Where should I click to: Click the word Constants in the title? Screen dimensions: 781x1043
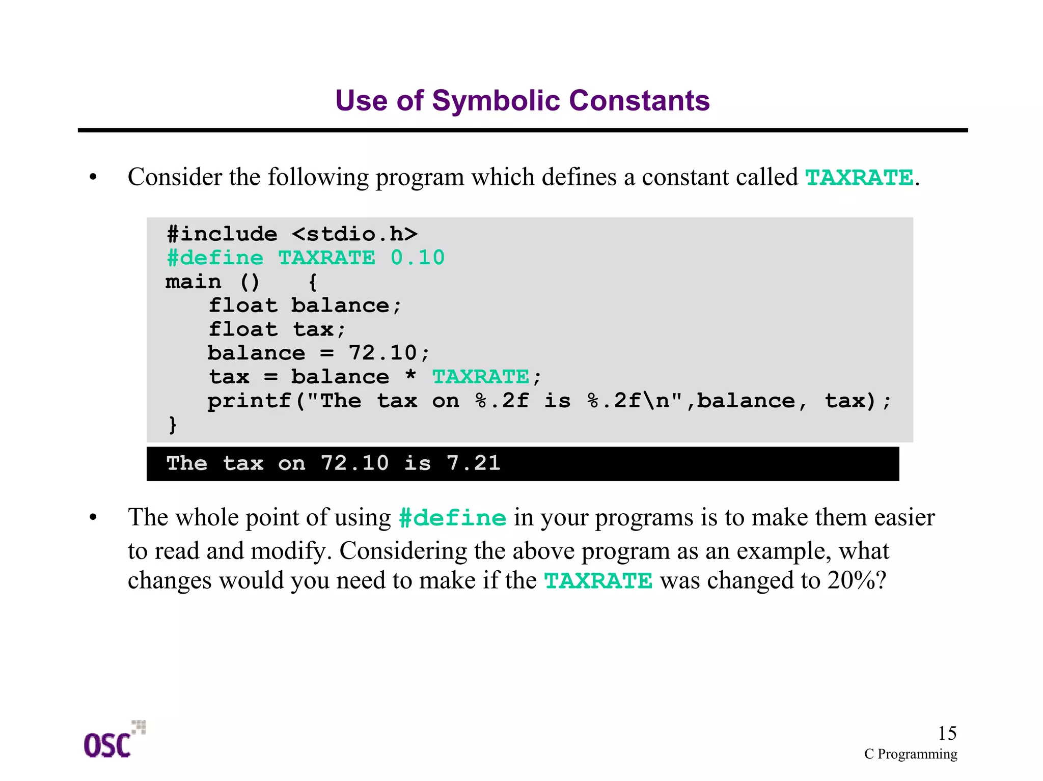pos(639,101)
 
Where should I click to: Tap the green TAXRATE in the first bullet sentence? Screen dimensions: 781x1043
pos(859,178)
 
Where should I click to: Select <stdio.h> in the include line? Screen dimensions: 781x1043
pos(354,234)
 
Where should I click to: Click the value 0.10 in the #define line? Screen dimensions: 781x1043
pos(418,258)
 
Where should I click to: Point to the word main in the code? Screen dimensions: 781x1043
pos(194,282)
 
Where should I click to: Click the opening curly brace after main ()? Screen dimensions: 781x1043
pos(313,282)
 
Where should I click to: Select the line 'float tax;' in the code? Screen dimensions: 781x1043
pos(278,329)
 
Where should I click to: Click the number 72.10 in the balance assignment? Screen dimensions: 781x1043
pos(382,353)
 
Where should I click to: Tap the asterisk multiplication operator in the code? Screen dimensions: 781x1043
pos(410,377)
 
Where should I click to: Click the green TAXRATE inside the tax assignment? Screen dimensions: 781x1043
pos(481,377)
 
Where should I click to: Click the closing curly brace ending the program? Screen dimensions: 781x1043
pos(173,424)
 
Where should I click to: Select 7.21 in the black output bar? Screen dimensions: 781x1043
pos(473,463)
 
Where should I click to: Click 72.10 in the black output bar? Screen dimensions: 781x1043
pos(354,463)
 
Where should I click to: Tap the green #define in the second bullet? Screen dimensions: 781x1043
pos(452,518)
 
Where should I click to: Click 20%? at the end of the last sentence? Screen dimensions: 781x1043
pos(857,580)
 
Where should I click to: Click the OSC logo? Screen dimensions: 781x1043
pos(113,741)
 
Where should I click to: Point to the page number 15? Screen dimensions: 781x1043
pos(947,733)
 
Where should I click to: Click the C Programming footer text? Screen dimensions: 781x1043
pos(910,754)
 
